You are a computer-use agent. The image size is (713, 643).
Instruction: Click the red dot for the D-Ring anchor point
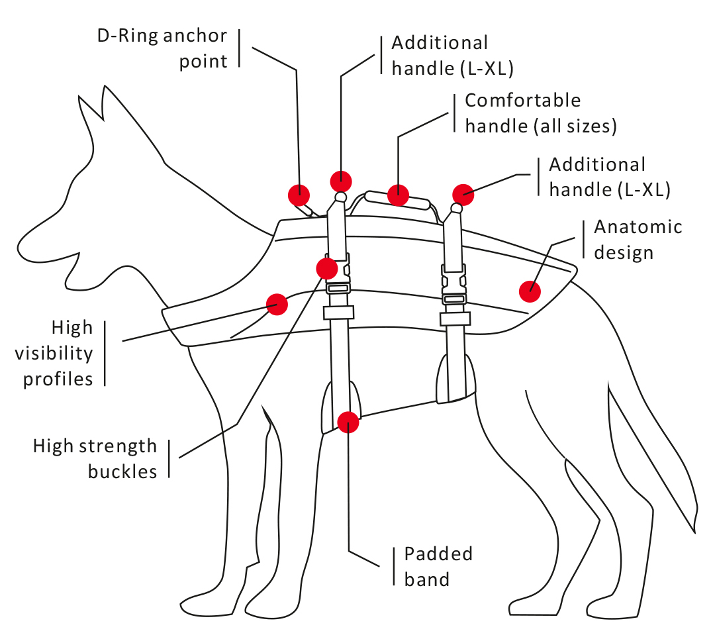pyautogui.click(x=299, y=195)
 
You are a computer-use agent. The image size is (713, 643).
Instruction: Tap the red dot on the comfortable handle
pyautogui.click(x=398, y=195)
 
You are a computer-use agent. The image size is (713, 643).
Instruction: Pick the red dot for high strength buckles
pyautogui.click(x=327, y=268)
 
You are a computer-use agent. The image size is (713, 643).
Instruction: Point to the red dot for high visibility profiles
pyautogui.click(x=277, y=305)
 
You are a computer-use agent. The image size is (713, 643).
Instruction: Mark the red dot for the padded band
pyautogui.click(x=348, y=422)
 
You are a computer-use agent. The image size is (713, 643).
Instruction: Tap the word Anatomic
pyautogui.click(x=638, y=227)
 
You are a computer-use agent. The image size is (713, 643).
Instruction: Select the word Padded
pyautogui.click(x=438, y=554)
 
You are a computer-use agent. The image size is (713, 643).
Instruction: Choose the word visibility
pyautogui.click(x=58, y=353)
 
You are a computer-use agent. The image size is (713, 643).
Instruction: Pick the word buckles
pyautogui.click(x=122, y=471)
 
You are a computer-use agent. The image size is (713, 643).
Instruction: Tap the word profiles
pyautogui.click(x=58, y=379)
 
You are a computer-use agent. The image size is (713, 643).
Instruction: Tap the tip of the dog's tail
pyautogui.click(x=694, y=530)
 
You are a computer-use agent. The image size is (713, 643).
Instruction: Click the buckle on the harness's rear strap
pyautogui.click(x=454, y=290)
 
